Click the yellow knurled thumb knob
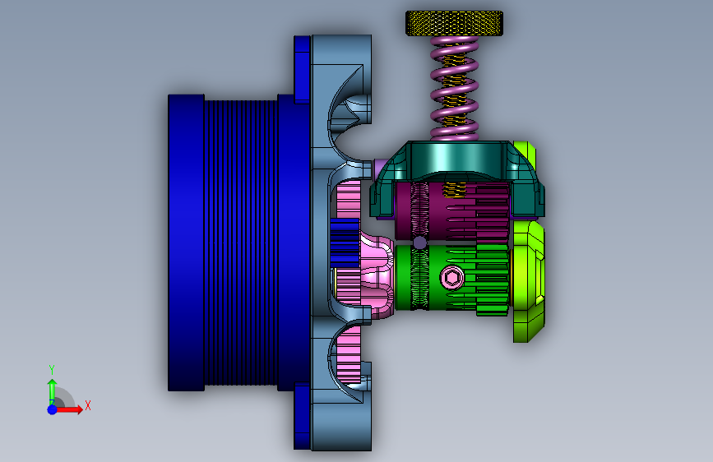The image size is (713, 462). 454,24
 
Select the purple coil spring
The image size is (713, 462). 454,88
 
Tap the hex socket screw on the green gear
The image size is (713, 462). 452,277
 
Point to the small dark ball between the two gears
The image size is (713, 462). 419,243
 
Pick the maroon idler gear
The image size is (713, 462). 451,211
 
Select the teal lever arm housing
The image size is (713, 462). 457,178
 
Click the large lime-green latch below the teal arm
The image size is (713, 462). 529,281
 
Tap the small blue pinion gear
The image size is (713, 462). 345,243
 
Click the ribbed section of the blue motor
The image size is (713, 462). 241,243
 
